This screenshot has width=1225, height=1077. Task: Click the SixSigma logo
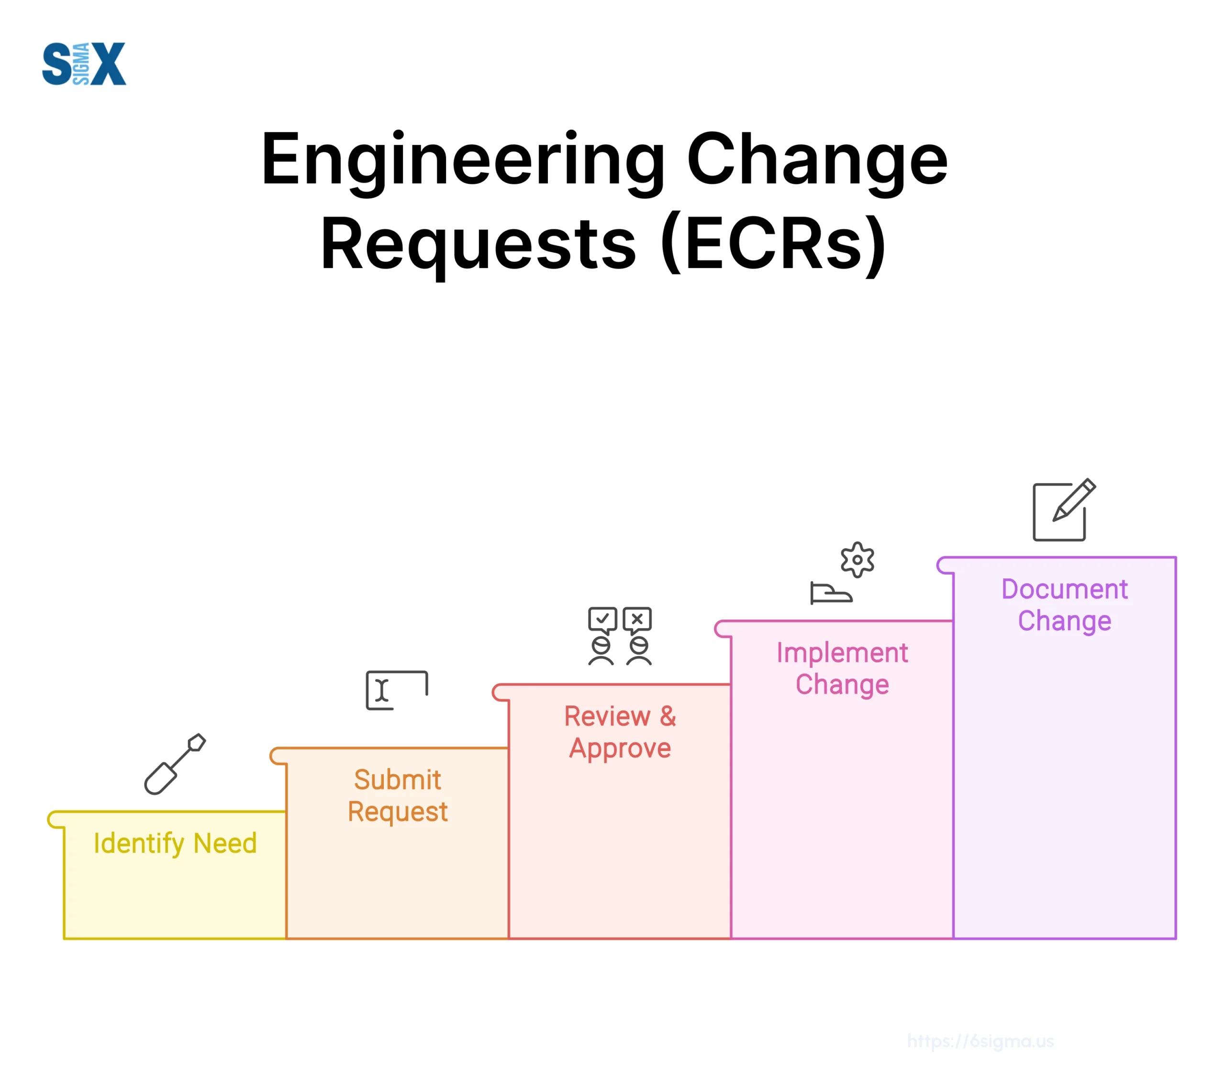84,64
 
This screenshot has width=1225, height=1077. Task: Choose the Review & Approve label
620,732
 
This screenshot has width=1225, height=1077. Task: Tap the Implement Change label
842,669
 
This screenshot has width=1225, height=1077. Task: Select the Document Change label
1064,605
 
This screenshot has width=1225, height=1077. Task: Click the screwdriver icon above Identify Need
175,764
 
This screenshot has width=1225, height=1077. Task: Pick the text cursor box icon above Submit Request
397,690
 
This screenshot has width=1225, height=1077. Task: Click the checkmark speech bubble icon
602,620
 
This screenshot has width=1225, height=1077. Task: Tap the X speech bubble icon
637,620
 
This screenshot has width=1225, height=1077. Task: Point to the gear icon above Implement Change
857,559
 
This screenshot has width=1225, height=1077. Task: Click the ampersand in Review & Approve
668,716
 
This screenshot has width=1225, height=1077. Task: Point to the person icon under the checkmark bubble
601,651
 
